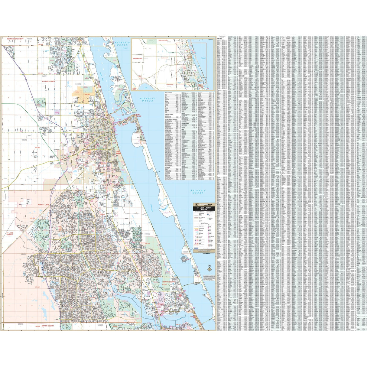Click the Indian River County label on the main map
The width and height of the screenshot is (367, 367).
click(15, 39)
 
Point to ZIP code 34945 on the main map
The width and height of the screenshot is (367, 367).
click(24, 140)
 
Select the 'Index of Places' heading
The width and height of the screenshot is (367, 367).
click(169, 93)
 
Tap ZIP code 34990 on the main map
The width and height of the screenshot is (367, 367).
click(100, 325)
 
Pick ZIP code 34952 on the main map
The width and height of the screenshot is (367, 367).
click(147, 234)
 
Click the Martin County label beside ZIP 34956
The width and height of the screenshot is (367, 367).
click(47, 326)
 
